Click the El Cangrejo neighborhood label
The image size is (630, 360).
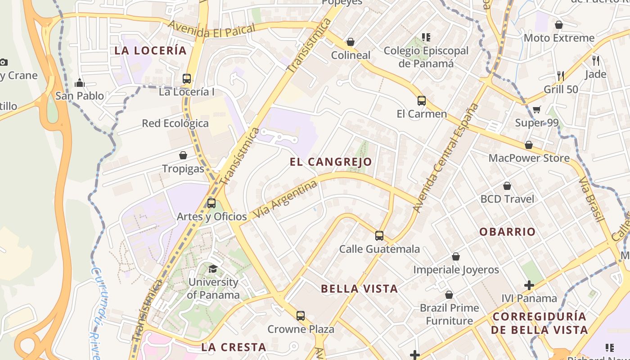click(331, 162)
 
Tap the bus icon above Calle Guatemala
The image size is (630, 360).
click(379, 235)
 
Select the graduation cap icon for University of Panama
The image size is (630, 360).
click(213, 269)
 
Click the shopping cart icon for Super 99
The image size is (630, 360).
click(536, 109)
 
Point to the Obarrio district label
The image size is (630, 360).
click(507, 232)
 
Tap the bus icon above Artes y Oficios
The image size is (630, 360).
click(211, 203)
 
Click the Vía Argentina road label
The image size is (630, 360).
click(285, 200)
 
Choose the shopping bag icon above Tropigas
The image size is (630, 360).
click(183, 155)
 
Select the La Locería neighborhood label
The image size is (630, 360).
click(150, 50)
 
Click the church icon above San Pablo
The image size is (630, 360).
click(80, 83)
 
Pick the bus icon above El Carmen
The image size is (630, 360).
click(422, 100)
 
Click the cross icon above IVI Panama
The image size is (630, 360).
click(529, 285)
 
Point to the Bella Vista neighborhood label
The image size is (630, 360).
click(359, 289)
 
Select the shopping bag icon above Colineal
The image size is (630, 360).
click(351, 42)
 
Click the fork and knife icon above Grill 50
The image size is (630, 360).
click(561, 76)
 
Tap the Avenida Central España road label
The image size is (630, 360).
click(445, 157)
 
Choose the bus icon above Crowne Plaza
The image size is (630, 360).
click(301, 315)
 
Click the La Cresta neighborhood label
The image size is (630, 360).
click(234, 347)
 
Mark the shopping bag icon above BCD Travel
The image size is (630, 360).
click(507, 186)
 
